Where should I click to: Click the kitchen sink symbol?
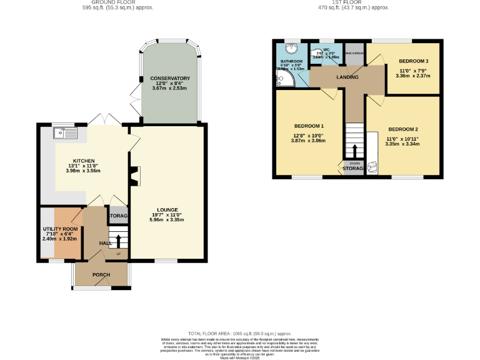65,132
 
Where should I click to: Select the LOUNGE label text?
167,210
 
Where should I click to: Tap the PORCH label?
101,274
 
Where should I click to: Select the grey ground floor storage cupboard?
119,216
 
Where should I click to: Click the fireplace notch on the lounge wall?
134,177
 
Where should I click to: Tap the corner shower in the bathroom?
284,77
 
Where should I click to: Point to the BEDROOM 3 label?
413,61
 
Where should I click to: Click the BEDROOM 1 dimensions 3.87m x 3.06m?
308,141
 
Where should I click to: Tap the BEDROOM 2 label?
402,129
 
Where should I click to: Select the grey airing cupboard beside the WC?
354,53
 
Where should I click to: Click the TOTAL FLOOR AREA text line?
239,334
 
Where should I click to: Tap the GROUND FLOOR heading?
118,2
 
